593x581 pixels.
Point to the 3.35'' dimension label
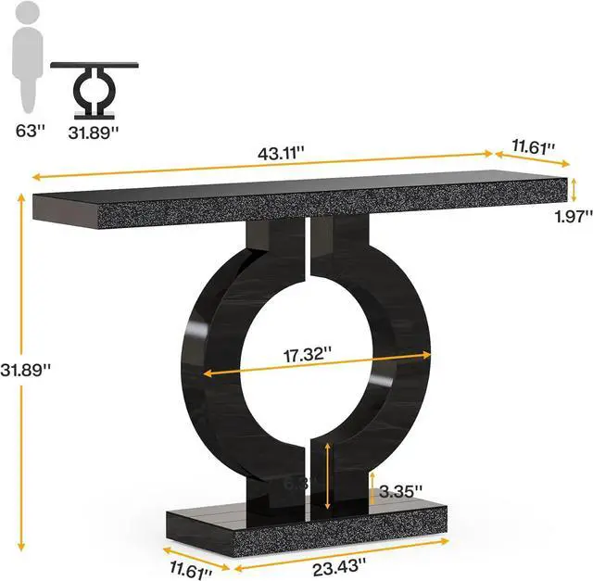(401, 489)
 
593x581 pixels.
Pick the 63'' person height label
(30, 132)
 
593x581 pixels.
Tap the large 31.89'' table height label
(26, 368)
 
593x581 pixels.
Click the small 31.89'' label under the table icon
(94, 132)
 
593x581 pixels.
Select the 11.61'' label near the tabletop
(534, 146)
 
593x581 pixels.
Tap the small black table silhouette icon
(94, 90)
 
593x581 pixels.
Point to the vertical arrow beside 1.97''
(574, 190)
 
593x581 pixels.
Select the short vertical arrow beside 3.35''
(372, 489)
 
